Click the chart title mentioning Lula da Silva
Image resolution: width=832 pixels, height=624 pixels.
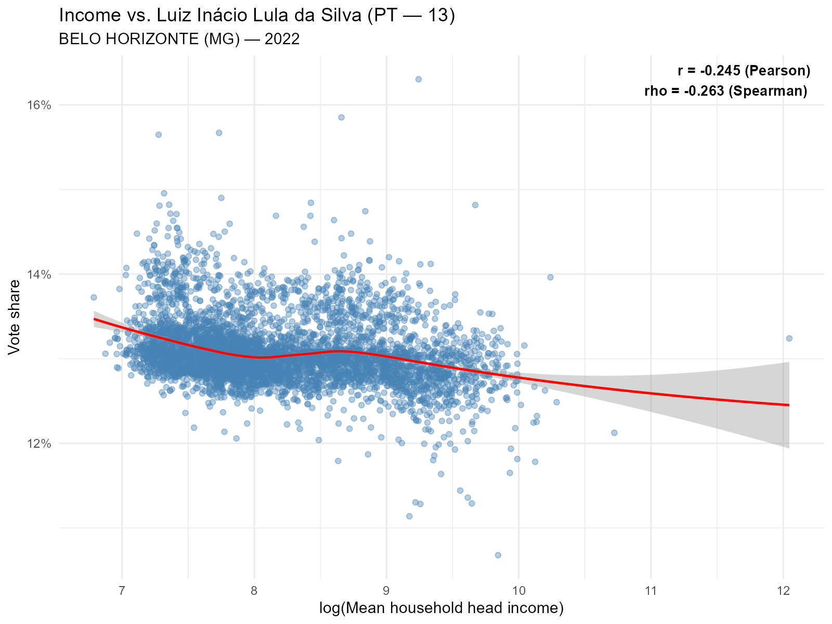tap(257, 16)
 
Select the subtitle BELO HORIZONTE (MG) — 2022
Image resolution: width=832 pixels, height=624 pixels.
tap(179, 39)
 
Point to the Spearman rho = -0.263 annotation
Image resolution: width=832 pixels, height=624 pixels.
tap(725, 91)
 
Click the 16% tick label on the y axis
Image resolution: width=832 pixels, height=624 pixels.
tap(39, 105)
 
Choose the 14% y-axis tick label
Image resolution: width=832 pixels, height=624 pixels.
tap(39, 274)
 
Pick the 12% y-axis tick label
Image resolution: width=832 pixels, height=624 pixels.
tap(39, 444)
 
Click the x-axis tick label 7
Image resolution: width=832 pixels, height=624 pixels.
tap(122, 591)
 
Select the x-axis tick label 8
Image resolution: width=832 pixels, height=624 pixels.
tap(254, 591)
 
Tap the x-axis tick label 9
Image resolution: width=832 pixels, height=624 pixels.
tap(386, 591)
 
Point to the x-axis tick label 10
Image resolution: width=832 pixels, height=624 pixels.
tap(518, 591)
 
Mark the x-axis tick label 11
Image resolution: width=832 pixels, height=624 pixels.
tap(651, 591)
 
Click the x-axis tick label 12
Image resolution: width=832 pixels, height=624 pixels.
tap(783, 591)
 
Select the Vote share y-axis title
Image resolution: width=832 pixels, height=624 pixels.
tap(15, 317)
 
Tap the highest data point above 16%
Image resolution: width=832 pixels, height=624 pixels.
tap(418, 79)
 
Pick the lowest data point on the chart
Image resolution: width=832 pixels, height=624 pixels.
tap(498, 555)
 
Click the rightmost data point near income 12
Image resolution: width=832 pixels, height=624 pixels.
tap(789, 338)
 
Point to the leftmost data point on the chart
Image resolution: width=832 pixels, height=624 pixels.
tap(94, 297)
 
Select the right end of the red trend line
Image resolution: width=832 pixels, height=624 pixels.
tap(788, 405)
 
